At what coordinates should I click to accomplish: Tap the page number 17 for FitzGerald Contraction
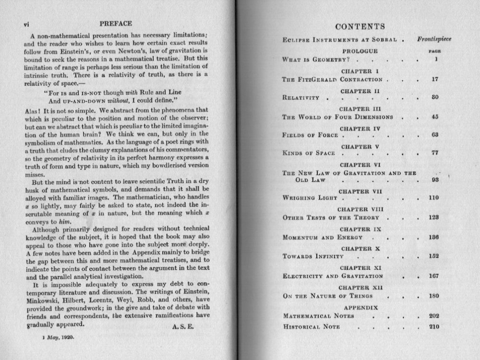tap(433, 79)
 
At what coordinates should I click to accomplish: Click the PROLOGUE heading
tap(360, 51)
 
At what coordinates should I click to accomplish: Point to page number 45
tap(433, 117)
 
